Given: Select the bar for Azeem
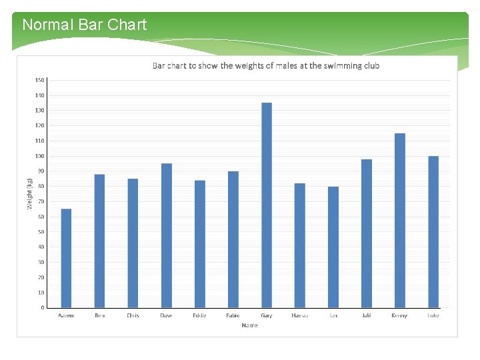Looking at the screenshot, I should (x=66, y=258).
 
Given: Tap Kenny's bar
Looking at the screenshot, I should (x=400, y=220).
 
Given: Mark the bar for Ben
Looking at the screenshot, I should (x=99, y=241).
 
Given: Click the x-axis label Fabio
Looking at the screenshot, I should (x=233, y=315).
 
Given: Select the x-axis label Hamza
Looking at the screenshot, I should (x=300, y=315).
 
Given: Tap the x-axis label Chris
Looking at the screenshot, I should (x=133, y=315).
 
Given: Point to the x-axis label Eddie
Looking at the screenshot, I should (x=199, y=315).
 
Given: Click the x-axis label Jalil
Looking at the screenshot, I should (x=367, y=315).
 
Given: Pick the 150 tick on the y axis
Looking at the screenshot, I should (x=40, y=80).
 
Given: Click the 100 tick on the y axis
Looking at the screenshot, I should (x=40, y=156).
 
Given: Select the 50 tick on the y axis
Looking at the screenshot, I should (x=41, y=232).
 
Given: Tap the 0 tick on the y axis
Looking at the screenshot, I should (x=43, y=308).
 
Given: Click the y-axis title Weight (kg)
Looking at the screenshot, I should (x=29, y=194).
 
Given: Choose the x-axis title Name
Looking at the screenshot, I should (x=249, y=325).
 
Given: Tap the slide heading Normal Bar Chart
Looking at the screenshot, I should (x=84, y=25).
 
